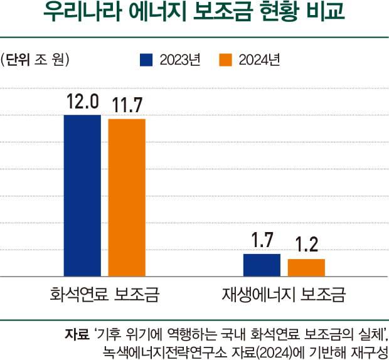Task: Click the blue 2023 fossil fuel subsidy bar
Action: tap(82, 195)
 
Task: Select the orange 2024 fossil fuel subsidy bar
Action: tap(127, 197)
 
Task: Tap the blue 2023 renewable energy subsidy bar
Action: tap(262, 265)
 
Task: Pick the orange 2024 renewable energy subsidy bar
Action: tap(306, 267)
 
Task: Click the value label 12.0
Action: tap(83, 102)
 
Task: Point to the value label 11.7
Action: tap(126, 105)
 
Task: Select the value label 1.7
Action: tap(262, 240)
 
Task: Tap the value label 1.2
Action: tap(306, 245)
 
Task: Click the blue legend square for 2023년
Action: tap(146, 60)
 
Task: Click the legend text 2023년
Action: tap(179, 60)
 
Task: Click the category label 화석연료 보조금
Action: tap(105, 294)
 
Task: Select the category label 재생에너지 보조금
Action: tap(284, 294)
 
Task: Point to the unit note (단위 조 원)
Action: tap(35, 60)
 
